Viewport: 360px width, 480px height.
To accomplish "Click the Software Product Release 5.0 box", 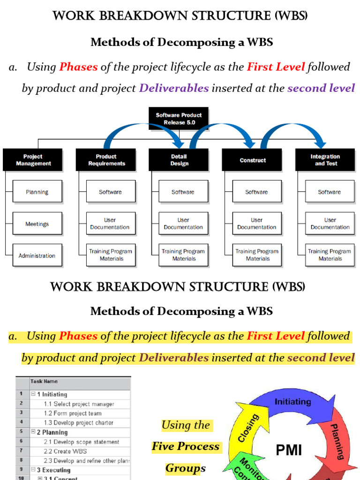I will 179,119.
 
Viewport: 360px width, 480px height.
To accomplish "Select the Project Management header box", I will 33,160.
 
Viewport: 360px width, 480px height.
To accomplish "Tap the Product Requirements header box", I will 106,160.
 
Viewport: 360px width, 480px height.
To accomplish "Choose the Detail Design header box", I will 179,160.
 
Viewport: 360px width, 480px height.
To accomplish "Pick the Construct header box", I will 252,160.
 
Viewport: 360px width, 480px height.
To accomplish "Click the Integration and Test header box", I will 325,160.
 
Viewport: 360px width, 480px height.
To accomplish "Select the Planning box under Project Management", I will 37,192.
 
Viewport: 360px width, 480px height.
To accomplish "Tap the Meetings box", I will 37,224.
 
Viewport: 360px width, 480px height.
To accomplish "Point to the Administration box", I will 37,255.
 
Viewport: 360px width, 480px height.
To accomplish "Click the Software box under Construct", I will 257,192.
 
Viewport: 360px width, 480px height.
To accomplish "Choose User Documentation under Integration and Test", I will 330,224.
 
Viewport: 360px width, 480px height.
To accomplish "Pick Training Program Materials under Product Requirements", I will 111,255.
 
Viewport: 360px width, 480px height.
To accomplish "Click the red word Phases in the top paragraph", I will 78,67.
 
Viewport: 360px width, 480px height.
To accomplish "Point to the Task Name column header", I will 44,382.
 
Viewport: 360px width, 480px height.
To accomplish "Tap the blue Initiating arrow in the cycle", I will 292,402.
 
